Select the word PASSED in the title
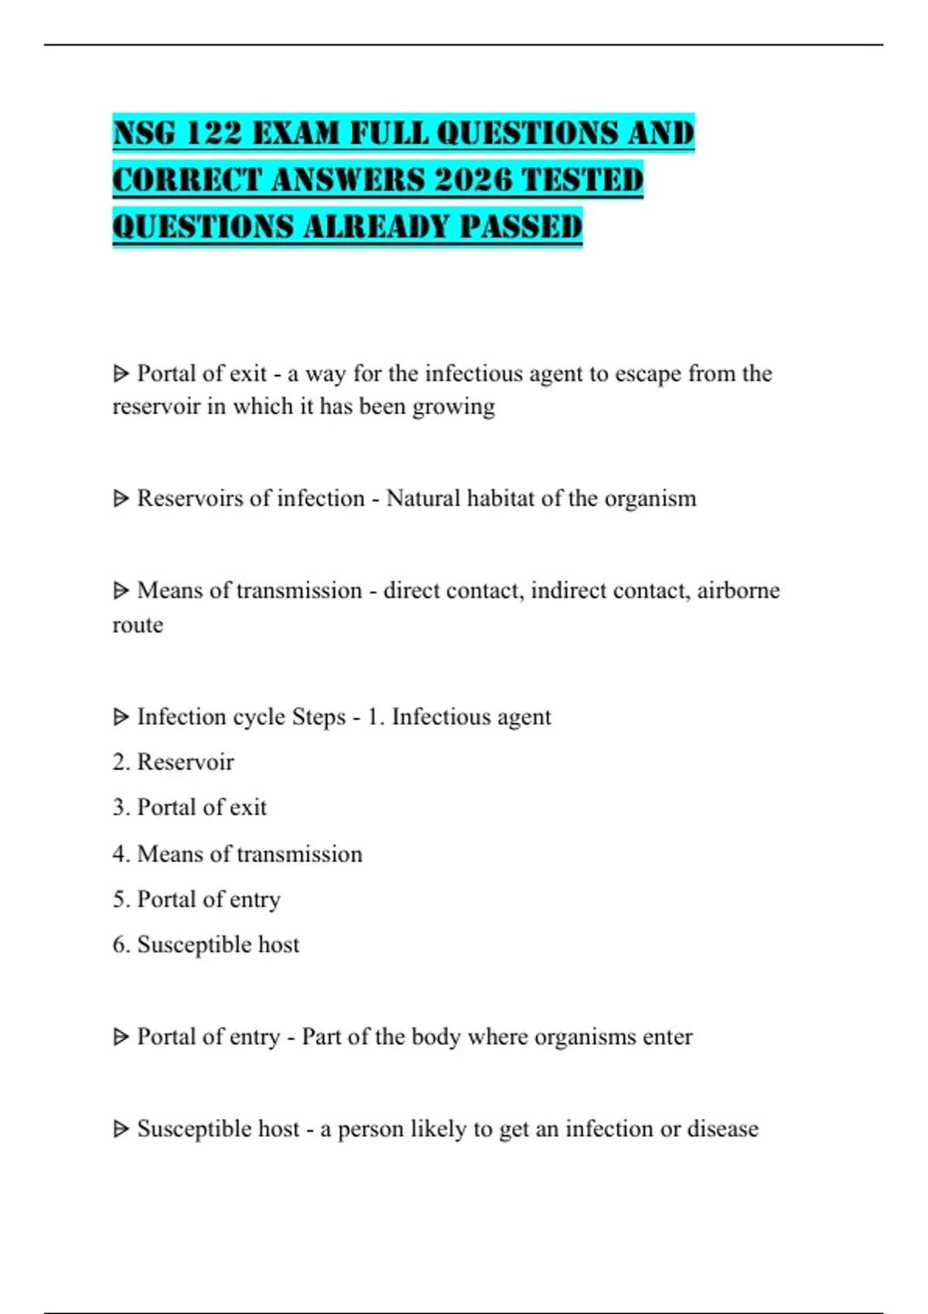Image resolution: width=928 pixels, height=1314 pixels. (520, 227)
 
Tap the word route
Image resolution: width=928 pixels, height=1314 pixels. (138, 625)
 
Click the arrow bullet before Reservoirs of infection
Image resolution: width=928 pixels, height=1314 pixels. (121, 499)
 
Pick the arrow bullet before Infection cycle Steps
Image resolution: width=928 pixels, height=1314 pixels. (121, 717)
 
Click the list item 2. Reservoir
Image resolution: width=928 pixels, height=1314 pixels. (173, 762)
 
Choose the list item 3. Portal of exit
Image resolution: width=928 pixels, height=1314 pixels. (189, 808)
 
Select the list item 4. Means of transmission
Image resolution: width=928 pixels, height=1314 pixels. (237, 854)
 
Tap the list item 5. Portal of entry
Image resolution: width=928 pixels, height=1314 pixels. (196, 900)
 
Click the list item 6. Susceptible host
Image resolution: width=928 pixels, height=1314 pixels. (206, 945)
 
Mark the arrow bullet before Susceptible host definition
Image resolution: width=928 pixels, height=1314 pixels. (121, 1129)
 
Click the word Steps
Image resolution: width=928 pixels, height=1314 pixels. (318, 717)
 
